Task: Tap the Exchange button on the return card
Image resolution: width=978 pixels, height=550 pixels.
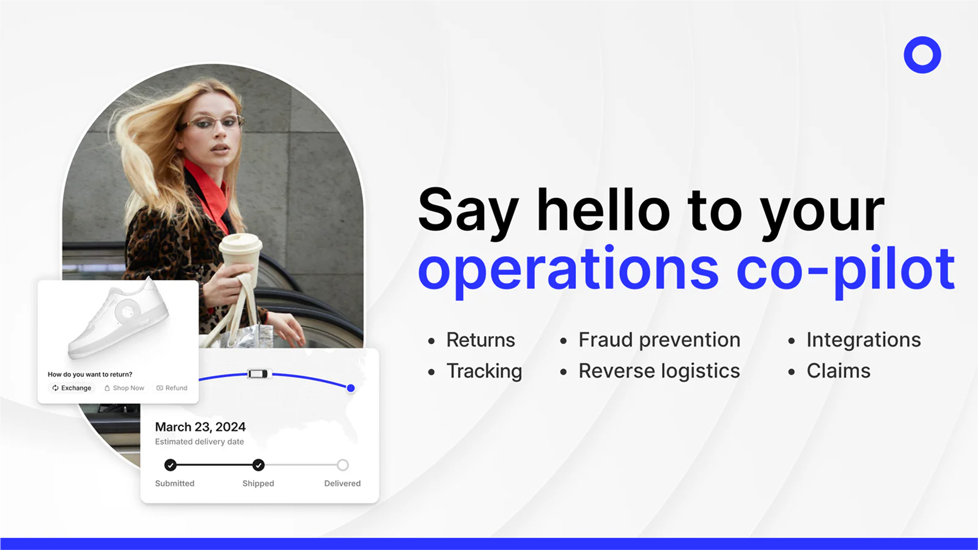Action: [72, 387]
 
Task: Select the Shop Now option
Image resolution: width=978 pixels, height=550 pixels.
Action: [124, 387]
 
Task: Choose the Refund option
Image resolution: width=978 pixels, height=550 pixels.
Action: [172, 387]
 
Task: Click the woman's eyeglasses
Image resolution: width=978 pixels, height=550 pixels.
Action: [211, 123]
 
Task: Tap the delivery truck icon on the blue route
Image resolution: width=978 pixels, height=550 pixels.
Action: [257, 373]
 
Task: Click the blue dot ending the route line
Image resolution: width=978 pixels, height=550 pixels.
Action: [351, 387]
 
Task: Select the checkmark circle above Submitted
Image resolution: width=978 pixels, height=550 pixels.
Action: [171, 465]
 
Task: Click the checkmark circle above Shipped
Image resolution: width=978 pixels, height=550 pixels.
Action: [259, 465]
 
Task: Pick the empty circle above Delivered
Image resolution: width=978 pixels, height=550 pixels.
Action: [343, 465]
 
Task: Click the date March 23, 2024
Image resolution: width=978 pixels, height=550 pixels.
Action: [200, 427]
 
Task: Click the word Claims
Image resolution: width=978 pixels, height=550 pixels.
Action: [838, 371]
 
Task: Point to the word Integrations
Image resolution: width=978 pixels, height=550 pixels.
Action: [864, 340]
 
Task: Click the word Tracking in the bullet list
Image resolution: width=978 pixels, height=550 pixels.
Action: [484, 371]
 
